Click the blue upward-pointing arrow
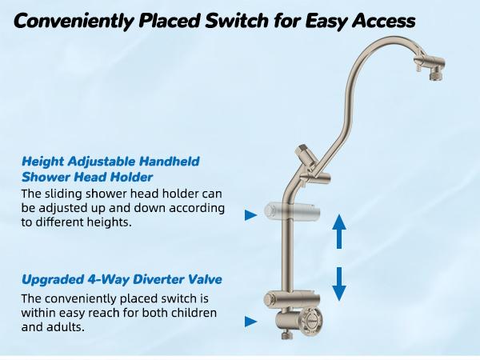[x=338, y=231]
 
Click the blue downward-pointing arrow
[x=338, y=282]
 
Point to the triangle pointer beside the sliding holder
[x=250, y=214]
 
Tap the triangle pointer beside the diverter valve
[x=250, y=322]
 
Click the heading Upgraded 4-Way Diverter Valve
[x=121, y=280]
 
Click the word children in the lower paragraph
[x=190, y=313]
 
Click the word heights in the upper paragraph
[x=108, y=224]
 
